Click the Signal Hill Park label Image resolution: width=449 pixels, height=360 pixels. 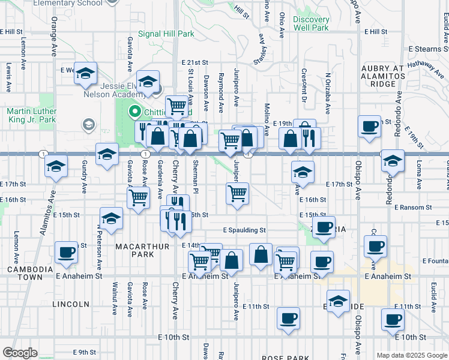tap(166, 34)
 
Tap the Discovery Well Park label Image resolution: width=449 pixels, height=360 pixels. tap(311, 23)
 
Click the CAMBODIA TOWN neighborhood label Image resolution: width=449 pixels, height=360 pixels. tap(25, 273)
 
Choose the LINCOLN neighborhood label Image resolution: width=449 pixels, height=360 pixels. tap(71, 304)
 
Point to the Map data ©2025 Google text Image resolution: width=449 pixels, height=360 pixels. tap(411, 355)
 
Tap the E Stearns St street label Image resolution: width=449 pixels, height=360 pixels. tap(428, 49)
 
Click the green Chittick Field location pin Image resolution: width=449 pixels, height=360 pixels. tap(135, 112)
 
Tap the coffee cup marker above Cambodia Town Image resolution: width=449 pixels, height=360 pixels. tap(66, 252)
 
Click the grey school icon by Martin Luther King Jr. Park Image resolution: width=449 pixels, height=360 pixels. tap(89, 125)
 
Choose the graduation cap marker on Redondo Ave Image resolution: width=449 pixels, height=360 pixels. tap(393, 161)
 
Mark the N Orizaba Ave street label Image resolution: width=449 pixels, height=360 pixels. tap(328, 94)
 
